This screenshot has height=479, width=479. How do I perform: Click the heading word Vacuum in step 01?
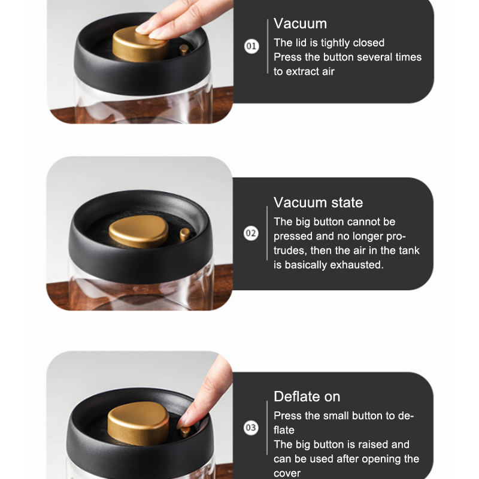(x=300, y=24)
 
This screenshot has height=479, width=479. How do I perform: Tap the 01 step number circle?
(x=251, y=46)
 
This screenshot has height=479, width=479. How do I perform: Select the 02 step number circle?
(x=251, y=233)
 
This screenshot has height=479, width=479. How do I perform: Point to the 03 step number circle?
(x=251, y=428)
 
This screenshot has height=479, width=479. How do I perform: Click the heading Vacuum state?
(x=318, y=202)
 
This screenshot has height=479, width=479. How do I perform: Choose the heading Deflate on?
(x=307, y=396)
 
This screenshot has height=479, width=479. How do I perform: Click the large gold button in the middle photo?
(x=139, y=231)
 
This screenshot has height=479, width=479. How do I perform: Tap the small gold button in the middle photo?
(x=185, y=235)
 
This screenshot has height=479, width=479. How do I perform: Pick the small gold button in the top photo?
(x=184, y=50)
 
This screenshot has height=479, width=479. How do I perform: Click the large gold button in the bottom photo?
(x=138, y=423)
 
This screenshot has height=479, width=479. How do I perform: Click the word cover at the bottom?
(x=287, y=473)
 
